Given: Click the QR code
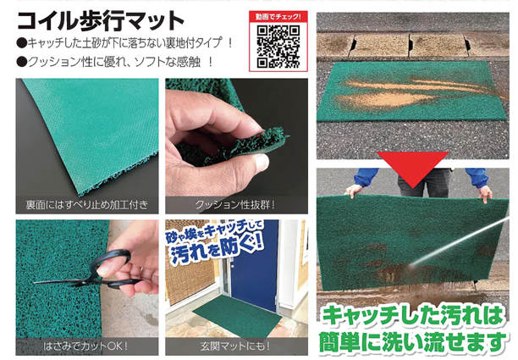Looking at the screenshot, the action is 278,47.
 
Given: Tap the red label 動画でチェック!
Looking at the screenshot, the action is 278,17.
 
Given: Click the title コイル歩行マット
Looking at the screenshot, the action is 100,20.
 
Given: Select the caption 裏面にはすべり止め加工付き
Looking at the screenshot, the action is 87,205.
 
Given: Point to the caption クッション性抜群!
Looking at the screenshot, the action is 236,205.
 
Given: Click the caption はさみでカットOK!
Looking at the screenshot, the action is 85,346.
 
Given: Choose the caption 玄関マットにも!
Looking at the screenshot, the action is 235,346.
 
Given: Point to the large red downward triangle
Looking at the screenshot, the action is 412,167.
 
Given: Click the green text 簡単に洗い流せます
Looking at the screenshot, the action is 412,341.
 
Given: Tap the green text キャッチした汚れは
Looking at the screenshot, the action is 414,316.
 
